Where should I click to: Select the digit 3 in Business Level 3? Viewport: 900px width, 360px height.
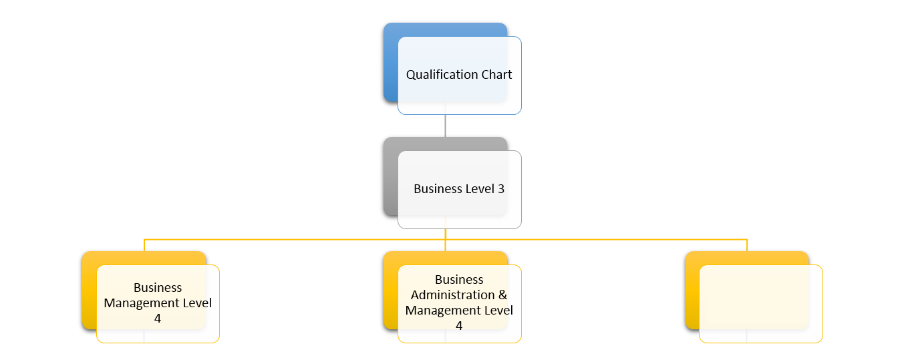pos(500,189)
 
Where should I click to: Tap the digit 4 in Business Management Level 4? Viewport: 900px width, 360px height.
pos(158,319)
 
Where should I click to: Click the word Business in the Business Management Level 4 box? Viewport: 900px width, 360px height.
pos(158,288)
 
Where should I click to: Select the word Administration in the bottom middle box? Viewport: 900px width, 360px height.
pos(452,295)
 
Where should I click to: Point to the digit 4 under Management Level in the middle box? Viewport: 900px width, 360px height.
pos(459,326)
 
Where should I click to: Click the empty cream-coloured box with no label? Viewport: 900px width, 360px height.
pos(760,303)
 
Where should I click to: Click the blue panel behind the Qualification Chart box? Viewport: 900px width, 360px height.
pos(390,67)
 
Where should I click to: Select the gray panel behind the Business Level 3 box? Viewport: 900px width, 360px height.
pos(390,180)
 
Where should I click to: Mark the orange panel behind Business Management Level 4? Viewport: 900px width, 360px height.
pos(89,294)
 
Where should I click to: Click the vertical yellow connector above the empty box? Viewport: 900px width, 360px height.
pos(747,245)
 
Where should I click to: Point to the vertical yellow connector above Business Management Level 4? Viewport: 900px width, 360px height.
pos(144,245)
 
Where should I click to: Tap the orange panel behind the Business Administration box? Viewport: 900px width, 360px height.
pos(390,294)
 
